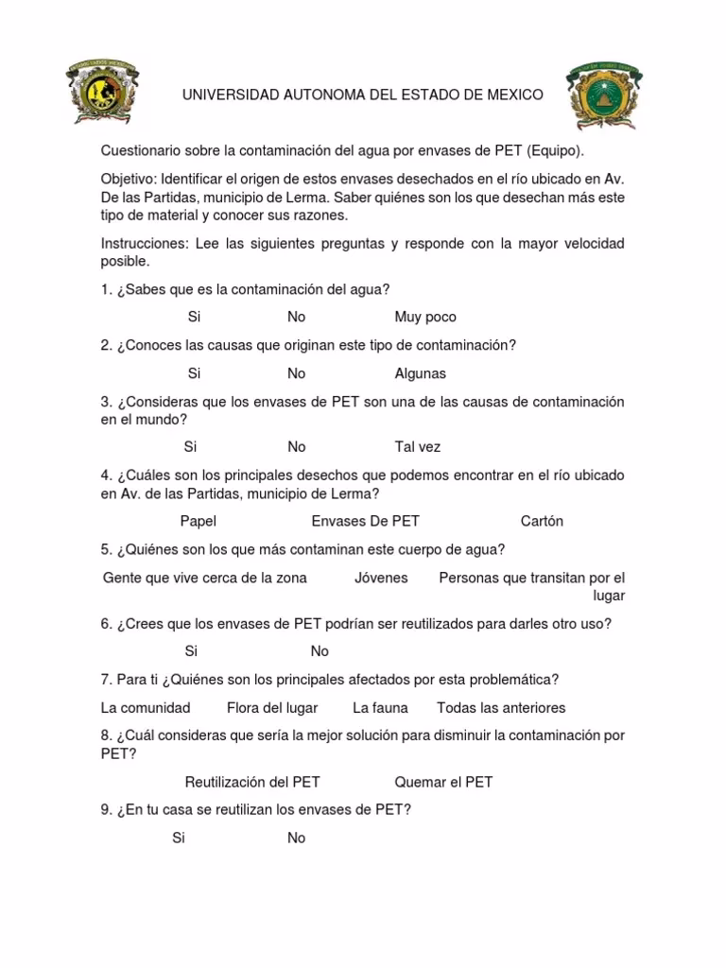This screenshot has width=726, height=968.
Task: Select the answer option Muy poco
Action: (x=425, y=318)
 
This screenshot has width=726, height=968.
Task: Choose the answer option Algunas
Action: (x=420, y=373)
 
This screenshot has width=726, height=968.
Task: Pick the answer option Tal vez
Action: (x=418, y=447)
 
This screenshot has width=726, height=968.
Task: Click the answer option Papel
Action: (x=199, y=521)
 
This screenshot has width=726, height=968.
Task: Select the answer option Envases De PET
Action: (x=366, y=521)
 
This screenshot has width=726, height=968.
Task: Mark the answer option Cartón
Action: (x=542, y=521)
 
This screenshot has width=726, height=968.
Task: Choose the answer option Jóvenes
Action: (x=381, y=578)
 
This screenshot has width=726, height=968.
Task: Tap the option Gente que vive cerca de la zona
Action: (x=205, y=578)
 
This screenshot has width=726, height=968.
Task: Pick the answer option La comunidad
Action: (x=146, y=708)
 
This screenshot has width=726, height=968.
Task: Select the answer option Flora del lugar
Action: (x=272, y=708)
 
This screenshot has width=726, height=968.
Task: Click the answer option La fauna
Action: (x=379, y=708)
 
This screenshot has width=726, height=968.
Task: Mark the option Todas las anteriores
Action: (x=501, y=708)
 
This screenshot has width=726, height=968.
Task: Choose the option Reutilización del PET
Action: (x=252, y=782)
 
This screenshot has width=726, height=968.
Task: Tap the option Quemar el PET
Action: (x=443, y=782)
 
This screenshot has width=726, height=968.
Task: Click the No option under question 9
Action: (x=297, y=838)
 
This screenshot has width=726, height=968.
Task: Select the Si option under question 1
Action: (x=194, y=318)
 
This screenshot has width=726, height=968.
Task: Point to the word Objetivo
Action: (x=128, y=179)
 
